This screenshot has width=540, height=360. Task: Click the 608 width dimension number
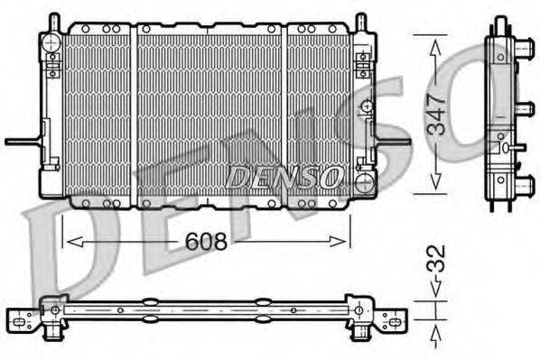pos(206,243)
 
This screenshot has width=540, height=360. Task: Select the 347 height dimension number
pos(436,114)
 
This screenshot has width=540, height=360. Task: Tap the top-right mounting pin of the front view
pos(359,21)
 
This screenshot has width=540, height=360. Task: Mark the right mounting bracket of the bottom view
pos(390,318)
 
